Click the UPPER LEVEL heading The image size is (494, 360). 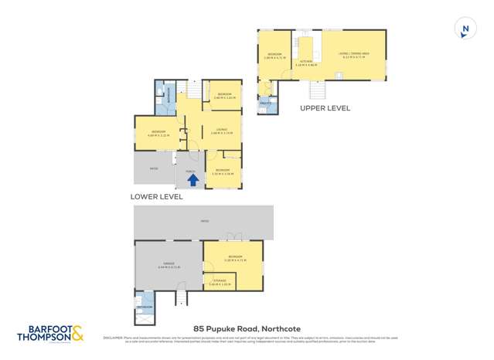coord(325,108)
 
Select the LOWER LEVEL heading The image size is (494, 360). coord(156,197)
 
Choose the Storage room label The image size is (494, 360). coord(220,282)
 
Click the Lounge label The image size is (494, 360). coord(221,131)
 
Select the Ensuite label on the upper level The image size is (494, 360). coord(264,103)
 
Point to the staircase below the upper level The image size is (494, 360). coord(316,91)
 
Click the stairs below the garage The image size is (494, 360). coord(182,297)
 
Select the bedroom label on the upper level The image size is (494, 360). coord(274,56)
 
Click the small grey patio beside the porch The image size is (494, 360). coord(154,168)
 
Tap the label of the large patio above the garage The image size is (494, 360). coord(204,222)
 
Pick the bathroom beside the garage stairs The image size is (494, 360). coord(145,303)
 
